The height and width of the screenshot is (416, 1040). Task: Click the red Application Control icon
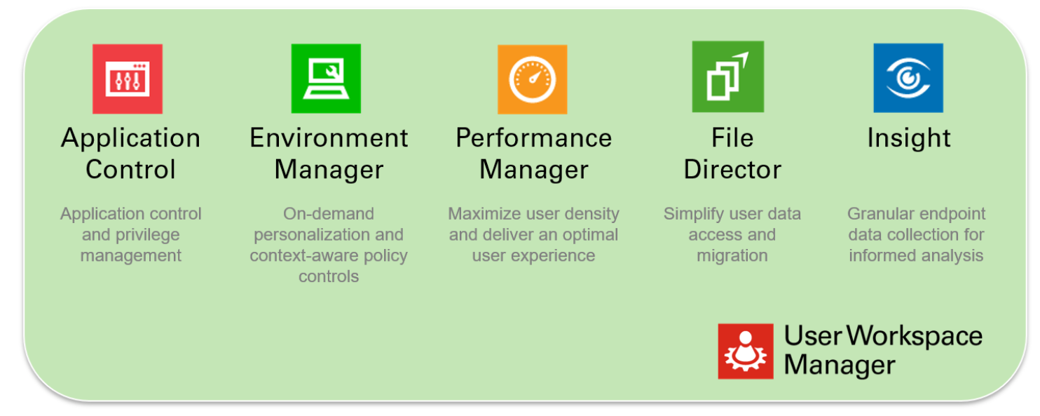click(x=128, y=79)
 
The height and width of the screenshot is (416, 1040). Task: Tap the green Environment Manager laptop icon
click(x=326, y=79)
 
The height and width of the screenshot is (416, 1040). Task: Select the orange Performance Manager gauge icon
click(x=532, y=79)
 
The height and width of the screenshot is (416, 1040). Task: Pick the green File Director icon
click(x=727, y=76)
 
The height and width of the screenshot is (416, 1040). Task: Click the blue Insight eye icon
click(x=908, y=78)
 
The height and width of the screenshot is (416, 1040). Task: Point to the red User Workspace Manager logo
click(x=746, y=351)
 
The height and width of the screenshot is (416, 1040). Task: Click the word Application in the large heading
click(x=131, y=138)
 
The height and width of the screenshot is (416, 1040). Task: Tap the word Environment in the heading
click(x=329, y=138)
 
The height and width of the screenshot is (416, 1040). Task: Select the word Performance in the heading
click(x=533, y=138)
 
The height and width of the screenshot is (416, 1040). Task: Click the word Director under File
click(x=732, y=170)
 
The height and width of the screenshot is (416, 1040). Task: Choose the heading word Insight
click(x=908, y=138)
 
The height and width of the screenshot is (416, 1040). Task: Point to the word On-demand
click(x=329, y=214)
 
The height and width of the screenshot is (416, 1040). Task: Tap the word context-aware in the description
click(x=303, y=255)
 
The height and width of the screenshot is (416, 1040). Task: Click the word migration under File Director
click(x=732, y=255)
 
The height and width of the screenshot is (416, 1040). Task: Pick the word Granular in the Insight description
click(x=879, y=214)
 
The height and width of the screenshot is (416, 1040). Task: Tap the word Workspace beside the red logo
click(x=914, y=337)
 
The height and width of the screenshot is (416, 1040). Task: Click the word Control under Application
click(x=130, y=170)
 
